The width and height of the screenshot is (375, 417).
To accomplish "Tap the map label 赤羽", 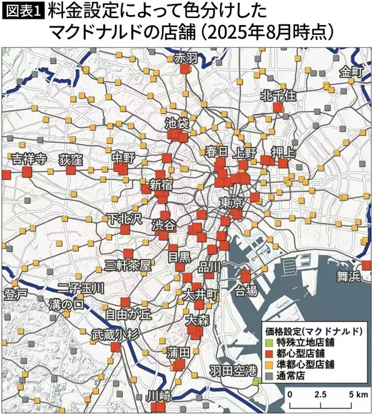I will pos(184,58).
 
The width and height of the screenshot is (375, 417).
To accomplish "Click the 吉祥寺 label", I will pos(29,159).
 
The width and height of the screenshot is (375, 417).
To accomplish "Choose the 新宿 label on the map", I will pos(161,184).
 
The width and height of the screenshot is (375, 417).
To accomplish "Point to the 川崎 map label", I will pos(157,396).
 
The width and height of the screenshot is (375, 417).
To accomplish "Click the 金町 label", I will pos(351,72).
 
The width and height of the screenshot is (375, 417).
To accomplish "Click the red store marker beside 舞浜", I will pos(366,265).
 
